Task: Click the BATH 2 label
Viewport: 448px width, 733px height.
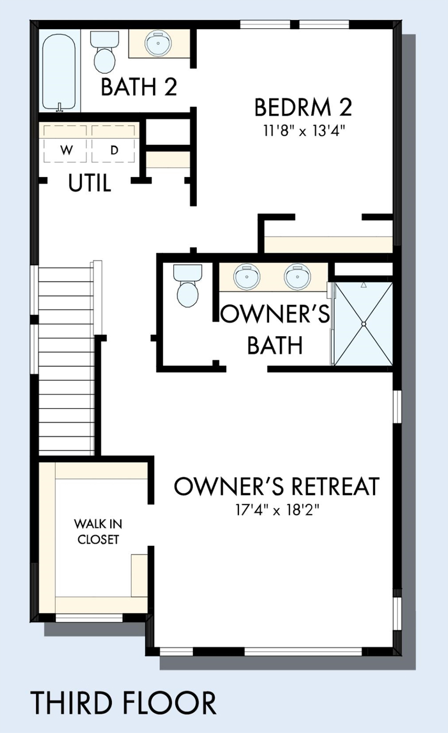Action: click(139, 87)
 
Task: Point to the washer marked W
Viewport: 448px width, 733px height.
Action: click(66, 143)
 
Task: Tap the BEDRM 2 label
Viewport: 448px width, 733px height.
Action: click(303, 107)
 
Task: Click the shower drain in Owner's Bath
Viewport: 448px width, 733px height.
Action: click(363, 324)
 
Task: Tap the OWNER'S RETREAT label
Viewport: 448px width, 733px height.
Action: click(277, 486)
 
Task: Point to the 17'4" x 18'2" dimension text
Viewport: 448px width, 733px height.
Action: click(277, 510)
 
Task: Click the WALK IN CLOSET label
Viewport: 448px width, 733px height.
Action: click(98, 532)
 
